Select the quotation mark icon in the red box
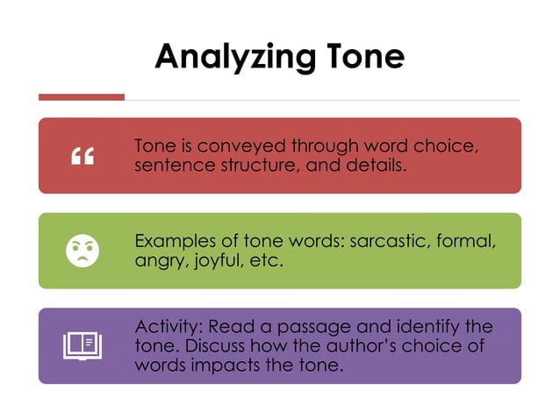pyautogui.click(x=83, y=156)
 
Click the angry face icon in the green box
pyautogui.click(x=83, y=251)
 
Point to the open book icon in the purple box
pyautogui.click(x=83, y=345)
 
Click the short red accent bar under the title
pyautogui.click(x=82, y=96)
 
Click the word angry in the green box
pyautogui.click(x=158, y=260)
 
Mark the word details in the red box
pyautogui.click(x=377, y=164)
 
